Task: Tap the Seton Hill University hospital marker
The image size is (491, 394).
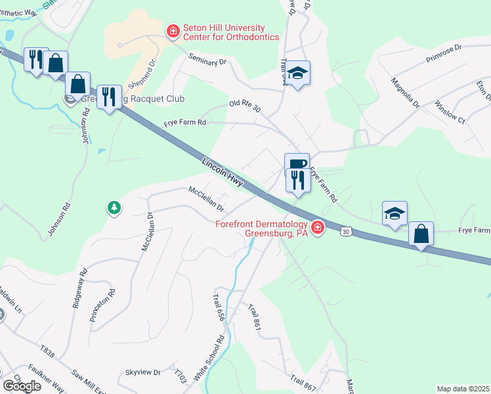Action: coord(173,31)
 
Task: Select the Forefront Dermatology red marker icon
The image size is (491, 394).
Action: coord(318,228)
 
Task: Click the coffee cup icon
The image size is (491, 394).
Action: coord(297,164)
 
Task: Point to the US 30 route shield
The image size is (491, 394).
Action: coord(347,231)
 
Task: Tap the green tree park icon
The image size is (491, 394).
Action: coord(114,208)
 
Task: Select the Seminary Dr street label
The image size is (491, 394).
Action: coord(207,59)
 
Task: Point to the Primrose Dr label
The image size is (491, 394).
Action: coord(444,53)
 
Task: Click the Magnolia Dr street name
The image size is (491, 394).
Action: coord(404,93)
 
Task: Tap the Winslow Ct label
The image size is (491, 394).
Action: coord(450,112)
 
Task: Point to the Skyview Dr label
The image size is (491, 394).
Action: coord(143,372)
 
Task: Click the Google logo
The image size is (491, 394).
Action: coord(22,385)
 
